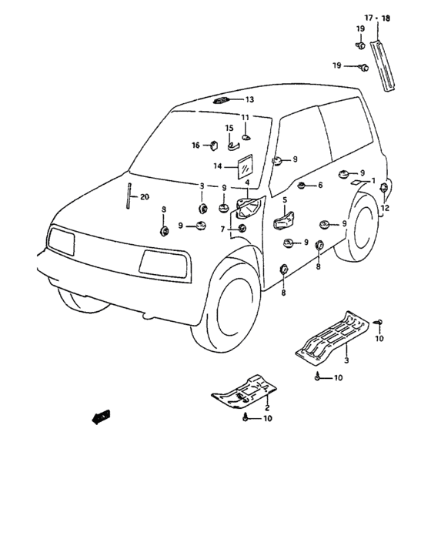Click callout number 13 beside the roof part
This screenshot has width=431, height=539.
click(249, 100)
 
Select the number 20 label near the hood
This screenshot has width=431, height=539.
click(145, 197)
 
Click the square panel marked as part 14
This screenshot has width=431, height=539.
click(246, 167)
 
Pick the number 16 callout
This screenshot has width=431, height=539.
click(195, 145)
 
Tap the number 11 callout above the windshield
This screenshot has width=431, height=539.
click(245, 117)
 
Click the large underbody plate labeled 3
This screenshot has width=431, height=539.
click(333, 334)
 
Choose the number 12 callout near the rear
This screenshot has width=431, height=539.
click(386, 208)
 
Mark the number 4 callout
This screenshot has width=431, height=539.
click(248, 182)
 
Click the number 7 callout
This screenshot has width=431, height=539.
click(222, 229)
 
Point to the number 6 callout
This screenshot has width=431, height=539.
click(319, 186)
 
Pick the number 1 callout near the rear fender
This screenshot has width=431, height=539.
click(373, 180)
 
